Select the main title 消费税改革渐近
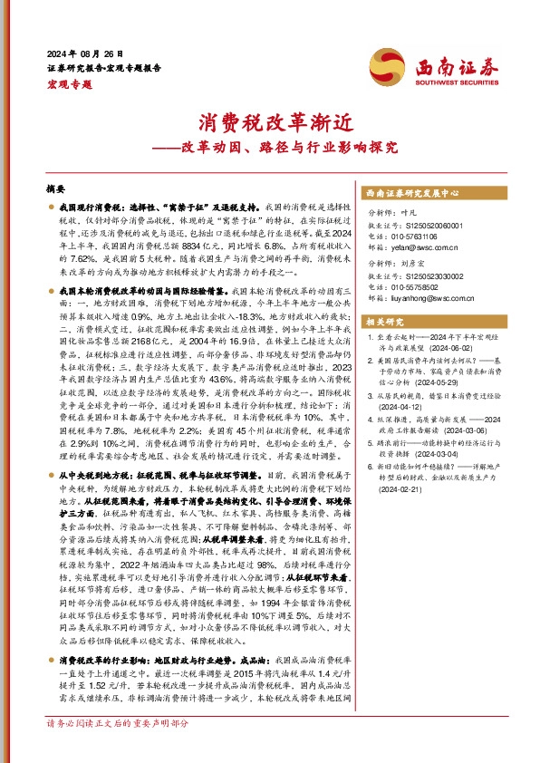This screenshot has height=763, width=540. [269, 121]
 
